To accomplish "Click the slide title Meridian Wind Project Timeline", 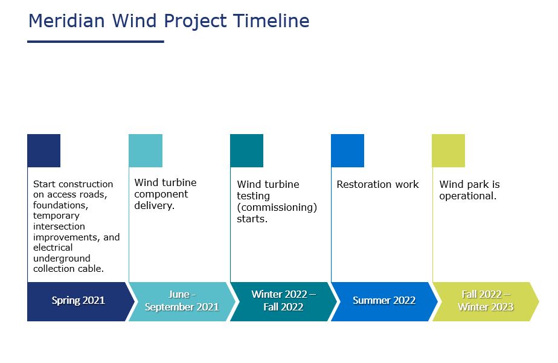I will pyautogui.click(x=168, y=21).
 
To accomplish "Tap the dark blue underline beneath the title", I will pyautogui.click(x=95, y=42).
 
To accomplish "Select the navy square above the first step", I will pyautogui.click(x=43, y=150).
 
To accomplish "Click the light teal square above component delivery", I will pyautogui.click(x=146, y=150).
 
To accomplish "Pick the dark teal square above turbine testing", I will pyautogui.click(x=246, y=150).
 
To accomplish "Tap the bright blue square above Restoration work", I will pyautogui.click(x=347, y=150).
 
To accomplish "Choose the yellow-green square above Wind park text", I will pyautogui.click(x=448, y=150).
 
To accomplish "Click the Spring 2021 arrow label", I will pyautogui.click(x=78, y=301).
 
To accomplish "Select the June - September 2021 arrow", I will pyautogui.click(x=181, y=301).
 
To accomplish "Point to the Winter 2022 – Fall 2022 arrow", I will pyautogui.click(x=283, y=301).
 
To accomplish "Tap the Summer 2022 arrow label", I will pyautogui.click(x=383, y=301).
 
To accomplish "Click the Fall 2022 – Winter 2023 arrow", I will pyautogui.click(x=485, y=301).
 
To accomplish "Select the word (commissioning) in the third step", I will pyautogui.click(x=277, y=207).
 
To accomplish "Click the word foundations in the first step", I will pyautogui.click(x=60, y=205).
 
